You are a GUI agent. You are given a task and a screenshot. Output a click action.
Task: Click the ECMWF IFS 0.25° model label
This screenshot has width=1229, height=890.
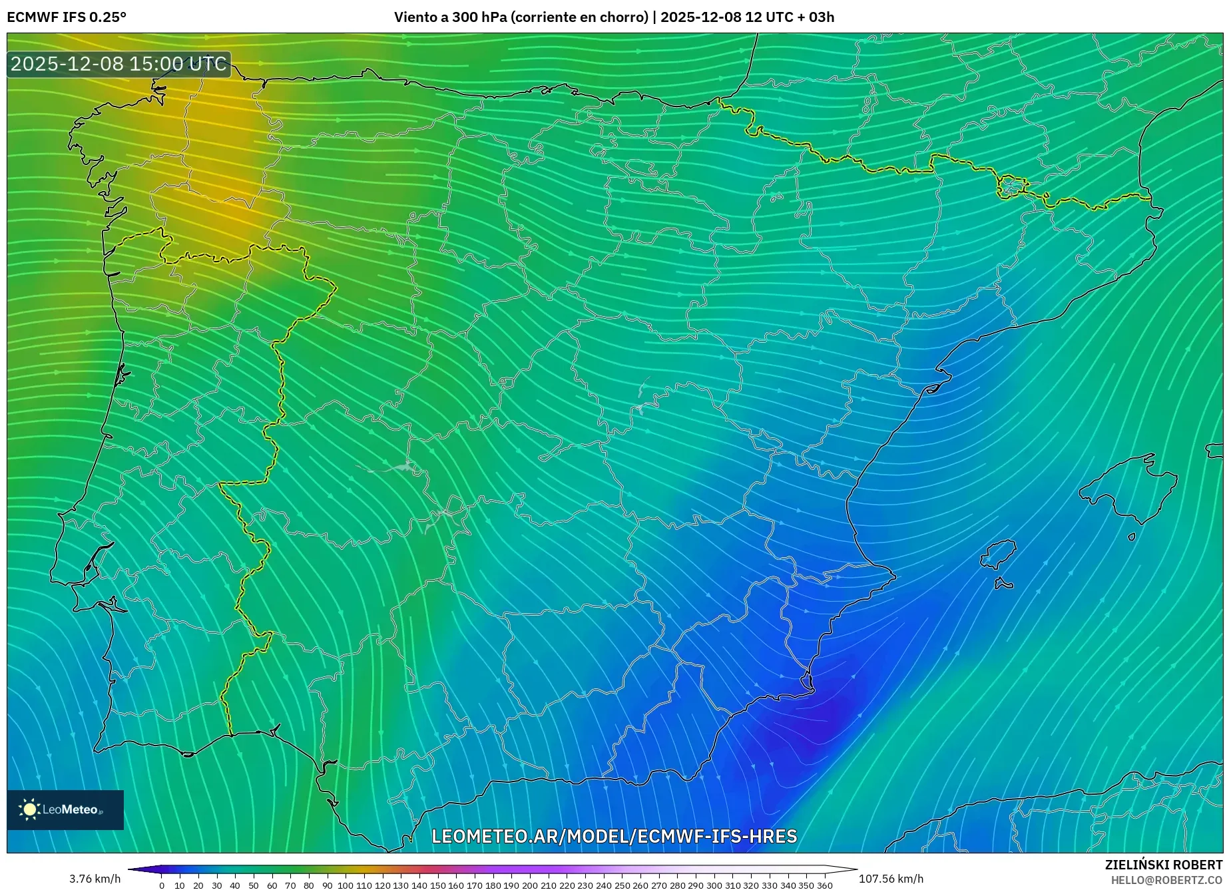coord(67,17)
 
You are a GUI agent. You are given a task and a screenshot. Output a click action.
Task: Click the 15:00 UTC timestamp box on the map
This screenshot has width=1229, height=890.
coord(119,65)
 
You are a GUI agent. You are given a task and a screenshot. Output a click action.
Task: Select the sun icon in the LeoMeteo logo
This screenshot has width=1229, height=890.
coord(29,809)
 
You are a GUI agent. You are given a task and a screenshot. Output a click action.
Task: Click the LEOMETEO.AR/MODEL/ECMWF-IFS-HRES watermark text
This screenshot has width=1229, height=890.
coord(614,836)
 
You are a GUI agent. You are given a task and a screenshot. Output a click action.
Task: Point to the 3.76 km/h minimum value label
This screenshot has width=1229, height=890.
coord(95,879)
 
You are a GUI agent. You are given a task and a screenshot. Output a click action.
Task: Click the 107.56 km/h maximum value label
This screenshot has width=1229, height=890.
coord(891,879)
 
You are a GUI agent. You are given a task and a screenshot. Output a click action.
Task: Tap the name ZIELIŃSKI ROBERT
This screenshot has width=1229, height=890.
coord(1164,865)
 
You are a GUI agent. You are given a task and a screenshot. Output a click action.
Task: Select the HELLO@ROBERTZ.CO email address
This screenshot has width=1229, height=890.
coord(1166,880)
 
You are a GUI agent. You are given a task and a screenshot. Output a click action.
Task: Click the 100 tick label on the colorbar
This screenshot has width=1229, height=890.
coord(345,885)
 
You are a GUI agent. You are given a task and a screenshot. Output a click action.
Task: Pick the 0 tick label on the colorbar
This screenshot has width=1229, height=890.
coord(161,885)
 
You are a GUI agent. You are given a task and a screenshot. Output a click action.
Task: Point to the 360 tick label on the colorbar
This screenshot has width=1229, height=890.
coord(824,885)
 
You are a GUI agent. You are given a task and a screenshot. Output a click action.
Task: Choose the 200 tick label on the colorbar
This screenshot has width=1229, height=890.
coord(529,885)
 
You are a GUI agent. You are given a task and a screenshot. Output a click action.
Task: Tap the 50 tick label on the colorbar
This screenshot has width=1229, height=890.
coord(253,885)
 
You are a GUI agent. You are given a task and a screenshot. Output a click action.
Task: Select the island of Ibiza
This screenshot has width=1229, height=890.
coord(999,554)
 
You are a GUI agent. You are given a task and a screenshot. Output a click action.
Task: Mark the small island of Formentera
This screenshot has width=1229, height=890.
coord(1003,584)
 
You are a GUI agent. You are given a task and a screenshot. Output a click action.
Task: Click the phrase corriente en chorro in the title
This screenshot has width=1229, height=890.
coord(579,17)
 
